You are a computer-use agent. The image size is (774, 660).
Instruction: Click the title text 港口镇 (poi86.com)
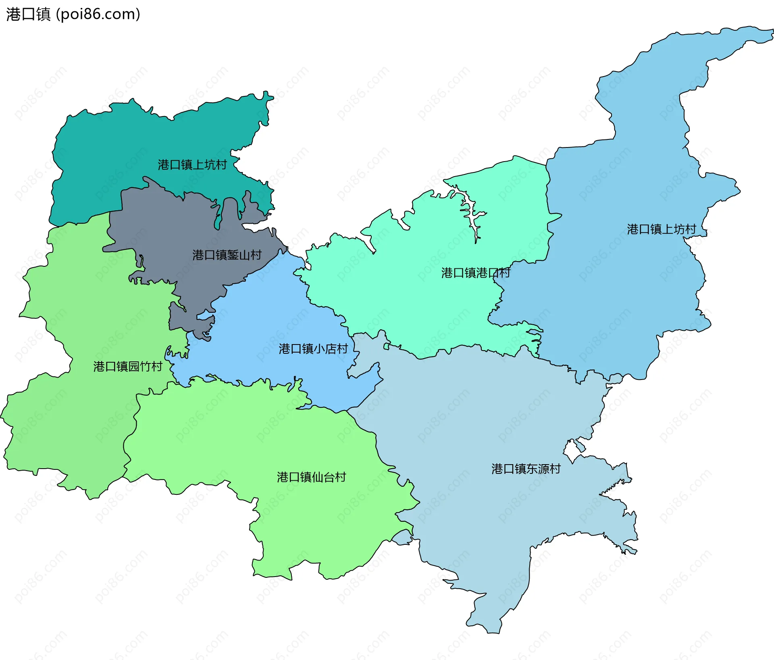click(73, 14)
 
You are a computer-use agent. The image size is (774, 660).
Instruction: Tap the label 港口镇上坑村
click(192, 165)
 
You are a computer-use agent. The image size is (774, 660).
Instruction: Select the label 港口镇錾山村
click(227, 255)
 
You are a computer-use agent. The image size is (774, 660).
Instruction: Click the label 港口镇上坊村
click(662, 229)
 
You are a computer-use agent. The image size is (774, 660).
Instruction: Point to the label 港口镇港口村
click(476, 273)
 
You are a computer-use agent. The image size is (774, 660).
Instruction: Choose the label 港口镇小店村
click(313, 349)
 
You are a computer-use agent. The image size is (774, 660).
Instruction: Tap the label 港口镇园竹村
click(128, 366)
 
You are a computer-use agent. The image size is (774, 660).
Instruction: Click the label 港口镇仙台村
click(311, 477)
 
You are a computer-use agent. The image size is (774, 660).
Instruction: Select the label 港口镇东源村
click(526, 469)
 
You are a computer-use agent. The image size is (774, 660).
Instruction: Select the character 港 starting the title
click(13, 14)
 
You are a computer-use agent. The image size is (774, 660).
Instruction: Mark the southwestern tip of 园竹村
click(92, 496)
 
